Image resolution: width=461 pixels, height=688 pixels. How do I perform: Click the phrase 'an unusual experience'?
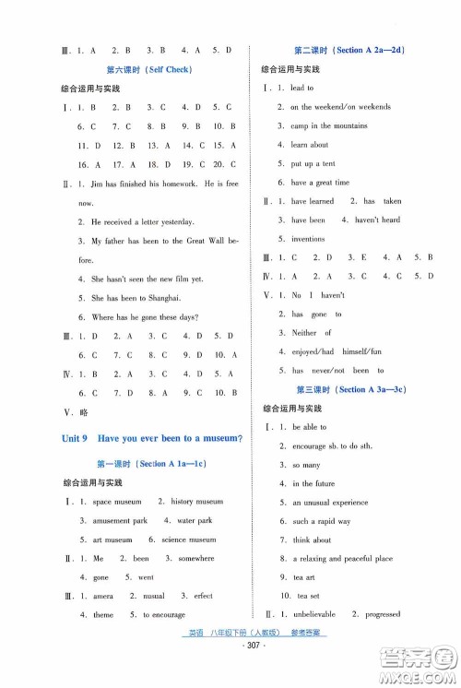tap(334, 503)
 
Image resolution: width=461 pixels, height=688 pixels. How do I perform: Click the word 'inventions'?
tap(309, 239)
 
